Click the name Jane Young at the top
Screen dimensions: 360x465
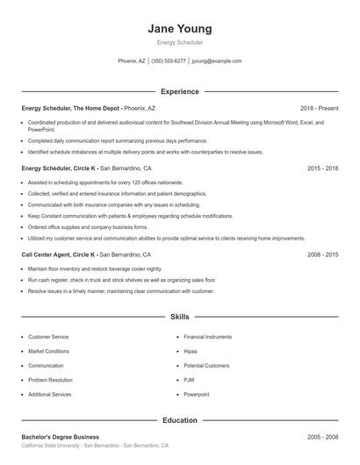(x=179, y=29)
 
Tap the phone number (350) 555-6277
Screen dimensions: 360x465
(x=169, y=61)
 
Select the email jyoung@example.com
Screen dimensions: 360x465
(x=217, y=61)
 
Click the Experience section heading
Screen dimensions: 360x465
(x=179, y=91)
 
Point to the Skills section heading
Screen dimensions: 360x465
(x=179, y=316)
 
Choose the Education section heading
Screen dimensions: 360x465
(x=179, y=419)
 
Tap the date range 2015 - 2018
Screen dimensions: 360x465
(x=322, y=167)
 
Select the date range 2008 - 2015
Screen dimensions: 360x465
(x=322, y=254)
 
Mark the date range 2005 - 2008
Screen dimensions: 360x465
(x=322, y=437)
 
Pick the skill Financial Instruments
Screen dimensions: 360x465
(x=207, y=337)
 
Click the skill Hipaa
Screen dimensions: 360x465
(x=191, y=351)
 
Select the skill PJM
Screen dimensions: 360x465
(x=189, y=380)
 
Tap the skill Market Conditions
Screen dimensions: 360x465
(x=50, y=351)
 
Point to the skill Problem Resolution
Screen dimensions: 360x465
(x=51, y=380)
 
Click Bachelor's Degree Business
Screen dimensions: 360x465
(x=60, y=437)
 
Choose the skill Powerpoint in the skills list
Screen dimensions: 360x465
(x=197, y=395)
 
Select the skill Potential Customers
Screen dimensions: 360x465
(x=206, y=366)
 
